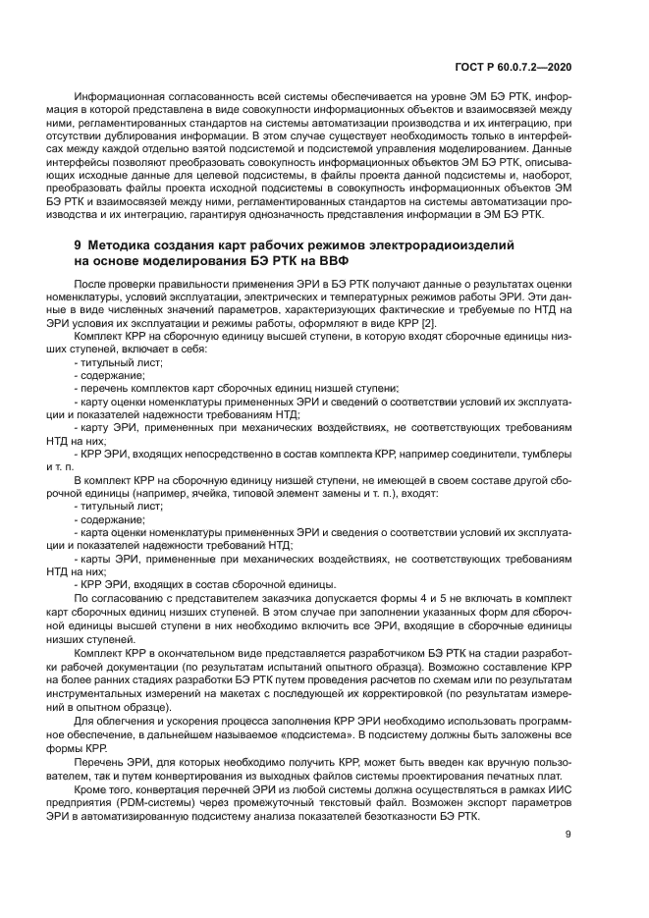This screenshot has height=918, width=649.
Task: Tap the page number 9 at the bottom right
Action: [569, 834]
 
